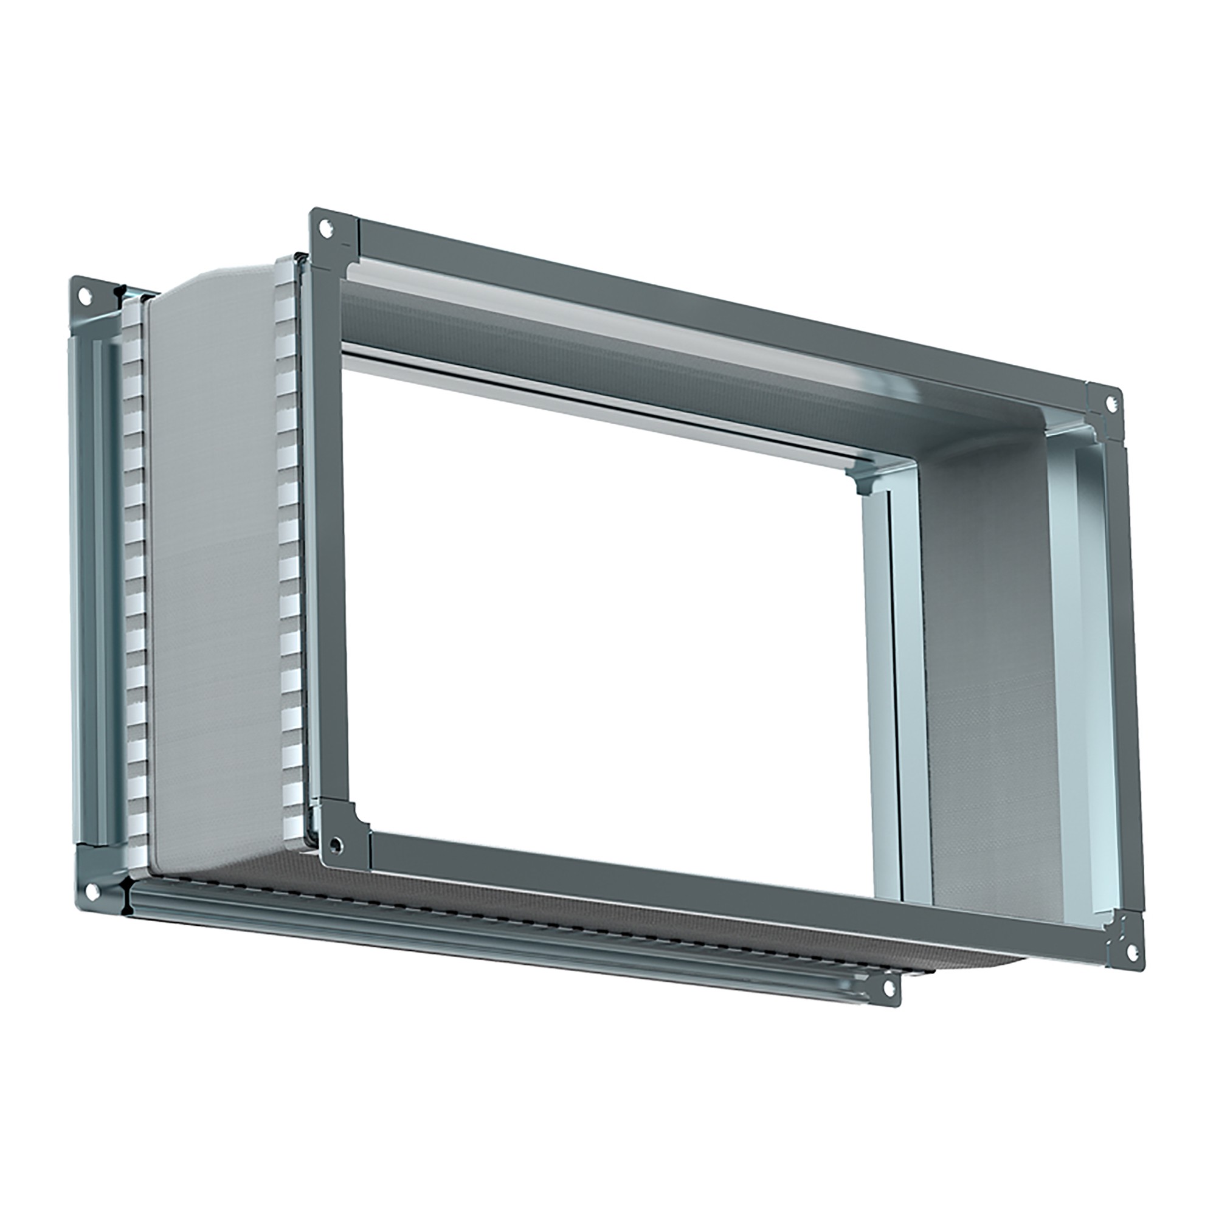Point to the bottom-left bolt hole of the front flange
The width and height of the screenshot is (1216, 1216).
coord(338,843)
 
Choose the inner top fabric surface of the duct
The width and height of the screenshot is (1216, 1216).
coord(629,353)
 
